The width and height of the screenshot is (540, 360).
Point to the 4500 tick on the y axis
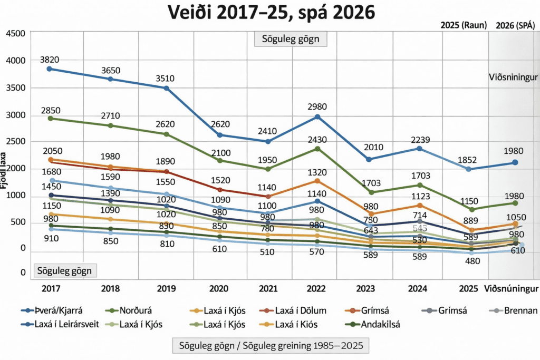[x=15, y=34]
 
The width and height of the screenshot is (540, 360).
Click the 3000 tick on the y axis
[x=15, y=115]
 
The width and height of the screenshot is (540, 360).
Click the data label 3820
[x=50, y=59]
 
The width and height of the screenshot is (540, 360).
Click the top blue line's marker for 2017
[x=50, y=69]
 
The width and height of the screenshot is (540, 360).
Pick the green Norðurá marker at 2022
[x=317, y=149]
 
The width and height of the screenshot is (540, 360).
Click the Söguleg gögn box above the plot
[x=290, y=40]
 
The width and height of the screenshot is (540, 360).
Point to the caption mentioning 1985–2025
[x=271, y=346]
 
